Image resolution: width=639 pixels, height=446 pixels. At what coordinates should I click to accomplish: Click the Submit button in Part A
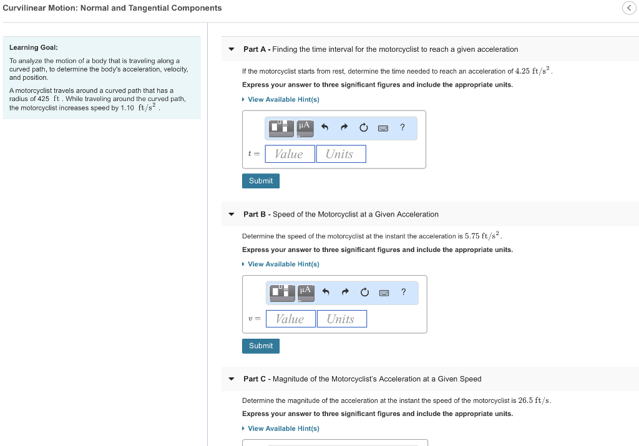tap(261, 181)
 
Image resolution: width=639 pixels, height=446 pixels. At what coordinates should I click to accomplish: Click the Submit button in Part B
tap(261, 346)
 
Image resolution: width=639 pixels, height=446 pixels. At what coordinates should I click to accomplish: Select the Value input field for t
tap(290, 154)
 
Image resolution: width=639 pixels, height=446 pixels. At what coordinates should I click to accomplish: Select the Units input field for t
tap(341, 154)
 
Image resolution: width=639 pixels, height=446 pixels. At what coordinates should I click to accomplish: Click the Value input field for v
tap(290, 319)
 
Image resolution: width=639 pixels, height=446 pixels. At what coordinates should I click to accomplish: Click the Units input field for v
tap(341, 319)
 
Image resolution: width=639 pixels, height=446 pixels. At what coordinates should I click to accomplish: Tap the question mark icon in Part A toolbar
tap(402, 127)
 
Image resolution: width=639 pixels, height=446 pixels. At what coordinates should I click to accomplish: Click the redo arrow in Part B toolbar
tap(344, 293)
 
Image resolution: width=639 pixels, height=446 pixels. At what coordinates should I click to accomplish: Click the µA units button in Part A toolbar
tap(305, 127)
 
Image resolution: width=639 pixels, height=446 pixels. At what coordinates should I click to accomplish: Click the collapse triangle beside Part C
tap(232, 379)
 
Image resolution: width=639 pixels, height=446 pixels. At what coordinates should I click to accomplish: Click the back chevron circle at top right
tap(628, 8)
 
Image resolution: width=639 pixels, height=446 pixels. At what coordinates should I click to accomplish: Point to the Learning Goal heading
tap(34, 47)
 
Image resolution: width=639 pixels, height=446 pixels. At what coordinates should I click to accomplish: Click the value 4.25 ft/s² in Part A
tap(534, 70)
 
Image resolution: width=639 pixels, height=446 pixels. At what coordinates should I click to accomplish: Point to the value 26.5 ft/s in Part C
tap(534, 400)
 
